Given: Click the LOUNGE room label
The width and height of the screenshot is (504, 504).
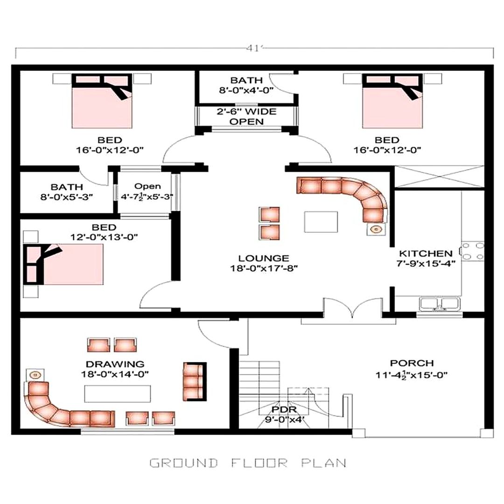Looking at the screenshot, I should pos(263,258).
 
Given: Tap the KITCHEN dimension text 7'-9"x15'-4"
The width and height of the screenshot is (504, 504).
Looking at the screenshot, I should pos(425,263).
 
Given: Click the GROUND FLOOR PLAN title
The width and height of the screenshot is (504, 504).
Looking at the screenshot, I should pos(248,463).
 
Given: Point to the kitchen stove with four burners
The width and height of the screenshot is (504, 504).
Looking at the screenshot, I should pos(472,251).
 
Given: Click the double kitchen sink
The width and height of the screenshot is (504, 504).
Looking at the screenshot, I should pos(439,304).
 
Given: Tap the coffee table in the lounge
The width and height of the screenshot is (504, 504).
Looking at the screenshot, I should pos(321,222).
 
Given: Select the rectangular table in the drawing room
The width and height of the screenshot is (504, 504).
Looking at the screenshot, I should pos(118,394).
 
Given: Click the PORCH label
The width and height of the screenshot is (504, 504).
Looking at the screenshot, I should pos(412,363).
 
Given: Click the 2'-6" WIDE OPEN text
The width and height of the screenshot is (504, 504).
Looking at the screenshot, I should pos(246,117).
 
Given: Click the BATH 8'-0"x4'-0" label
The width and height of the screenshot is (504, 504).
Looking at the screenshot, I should pos(246,85).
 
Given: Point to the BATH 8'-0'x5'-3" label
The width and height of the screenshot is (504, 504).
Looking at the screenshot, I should pos(67,191).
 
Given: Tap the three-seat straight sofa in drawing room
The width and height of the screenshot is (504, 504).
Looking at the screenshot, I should pos(194,380).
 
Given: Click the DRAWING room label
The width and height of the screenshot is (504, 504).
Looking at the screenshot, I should pos(114,364).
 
